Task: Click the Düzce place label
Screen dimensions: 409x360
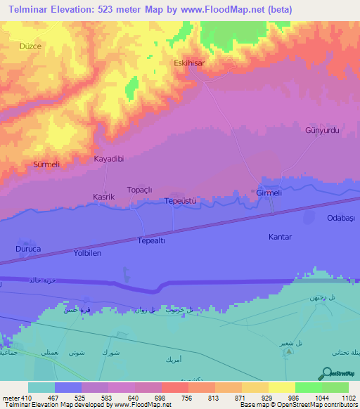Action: tap(30, 46)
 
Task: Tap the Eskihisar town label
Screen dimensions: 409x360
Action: tap(189, 63)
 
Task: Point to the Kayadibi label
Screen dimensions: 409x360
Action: tap(109, 159)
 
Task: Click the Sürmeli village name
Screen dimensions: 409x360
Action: tap(48, 164)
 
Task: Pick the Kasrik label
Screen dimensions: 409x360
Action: tap(104, 197)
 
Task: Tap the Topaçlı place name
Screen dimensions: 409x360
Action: tap(139, 190)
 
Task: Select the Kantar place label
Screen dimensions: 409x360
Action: tap(280, 237)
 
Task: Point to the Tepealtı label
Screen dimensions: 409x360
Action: tap(150, 240)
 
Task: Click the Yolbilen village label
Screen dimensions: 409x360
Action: tap(89, 252)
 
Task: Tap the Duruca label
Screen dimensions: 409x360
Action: tap(29, 249)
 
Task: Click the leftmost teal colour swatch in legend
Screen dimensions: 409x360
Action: tap(41, 387)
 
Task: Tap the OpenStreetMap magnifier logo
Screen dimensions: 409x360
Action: tap(328, 373)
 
